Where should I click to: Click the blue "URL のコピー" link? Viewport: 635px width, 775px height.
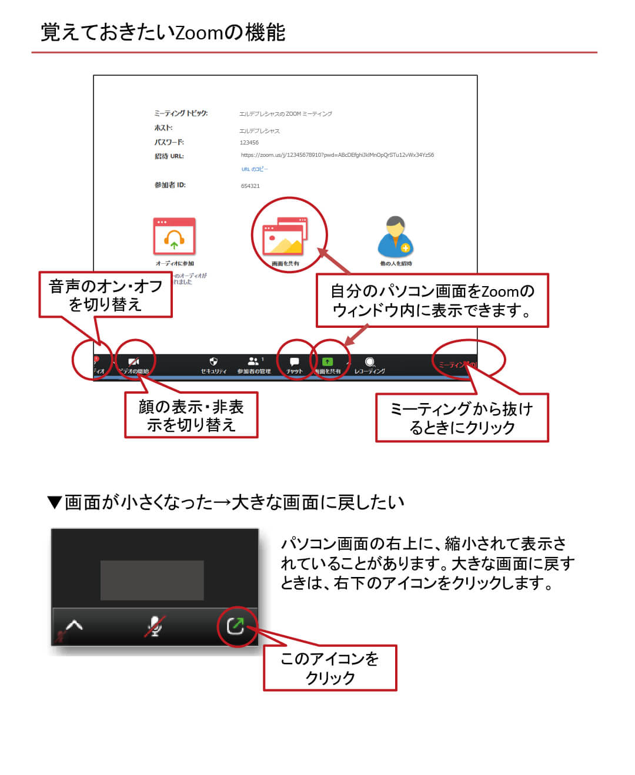click(255, 169)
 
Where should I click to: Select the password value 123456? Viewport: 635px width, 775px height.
click(249, 143)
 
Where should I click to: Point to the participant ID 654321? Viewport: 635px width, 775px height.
click(250, 186)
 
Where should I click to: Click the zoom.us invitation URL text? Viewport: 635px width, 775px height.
click(337, 155)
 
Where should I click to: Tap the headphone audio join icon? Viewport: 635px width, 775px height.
click(174, 237)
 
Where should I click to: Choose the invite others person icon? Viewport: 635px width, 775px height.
click(396, 237)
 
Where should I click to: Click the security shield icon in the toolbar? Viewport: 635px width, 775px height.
click(213, 362)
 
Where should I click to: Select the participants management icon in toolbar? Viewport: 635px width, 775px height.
click(253, 361)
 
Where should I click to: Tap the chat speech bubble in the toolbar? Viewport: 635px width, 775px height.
click(295, 362)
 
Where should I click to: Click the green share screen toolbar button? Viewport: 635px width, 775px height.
click(327, 362)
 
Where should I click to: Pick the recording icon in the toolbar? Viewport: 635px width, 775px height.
click(370, 362)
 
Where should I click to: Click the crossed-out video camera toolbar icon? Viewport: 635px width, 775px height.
click(134, 362)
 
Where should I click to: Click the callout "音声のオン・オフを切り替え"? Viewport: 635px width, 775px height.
click(106, 295)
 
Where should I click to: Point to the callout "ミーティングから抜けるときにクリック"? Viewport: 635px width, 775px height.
click(462, 418)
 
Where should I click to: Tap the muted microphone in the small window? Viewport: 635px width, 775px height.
click(155, 626)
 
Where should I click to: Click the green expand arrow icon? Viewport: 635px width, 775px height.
click(236, 626)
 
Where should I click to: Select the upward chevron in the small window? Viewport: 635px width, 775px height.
click(74, 625)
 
